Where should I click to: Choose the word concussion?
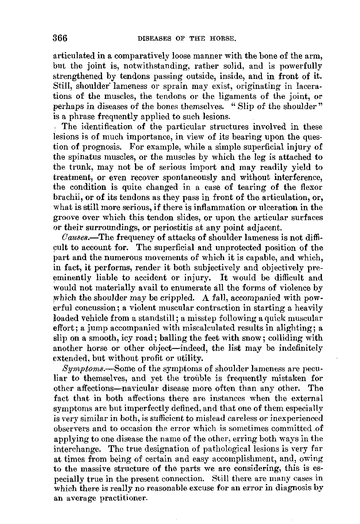click(x=92, y=308)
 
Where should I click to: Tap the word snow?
click(x=240, y=338)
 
